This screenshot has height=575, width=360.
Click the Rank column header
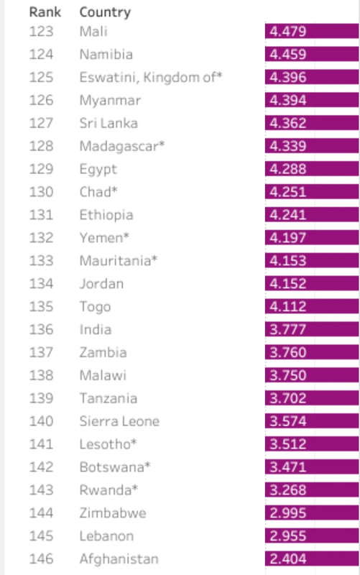pos(45,12)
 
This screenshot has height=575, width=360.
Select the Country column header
pos(105,12)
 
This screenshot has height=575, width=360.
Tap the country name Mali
pos(93,32)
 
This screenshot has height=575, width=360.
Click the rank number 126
pos(41,100)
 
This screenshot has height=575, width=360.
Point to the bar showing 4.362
pos(312,123)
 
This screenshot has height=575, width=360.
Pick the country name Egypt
pos(98,170)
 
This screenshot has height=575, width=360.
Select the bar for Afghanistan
pos(312,558)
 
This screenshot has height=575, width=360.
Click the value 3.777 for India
pos(287,329)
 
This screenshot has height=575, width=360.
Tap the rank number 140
pos(41,421)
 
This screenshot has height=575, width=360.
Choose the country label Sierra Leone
pos(119,421)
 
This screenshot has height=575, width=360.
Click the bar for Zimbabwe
pos(312,512)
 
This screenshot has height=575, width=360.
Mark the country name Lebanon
pos(106,535)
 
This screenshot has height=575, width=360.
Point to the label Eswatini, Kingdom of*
pos(151,78)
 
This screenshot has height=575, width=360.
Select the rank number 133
pos(41,261)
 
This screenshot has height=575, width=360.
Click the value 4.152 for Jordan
pos(287,283)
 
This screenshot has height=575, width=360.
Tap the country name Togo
pos(95,307)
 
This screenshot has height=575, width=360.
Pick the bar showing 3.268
pos(312,490)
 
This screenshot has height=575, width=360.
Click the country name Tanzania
pos(109,398)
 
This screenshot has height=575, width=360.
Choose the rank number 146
pos(41,559)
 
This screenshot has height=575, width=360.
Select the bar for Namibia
pos(312,54)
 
